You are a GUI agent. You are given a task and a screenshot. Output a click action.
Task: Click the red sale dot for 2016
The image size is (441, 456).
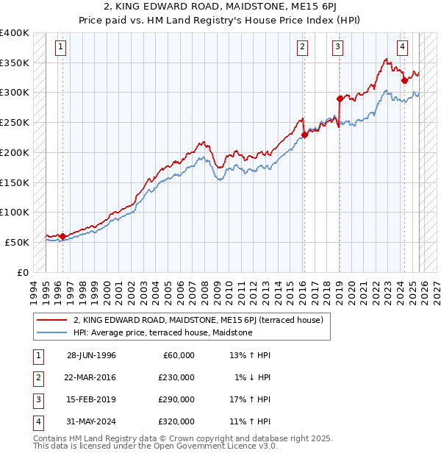click(304, 135)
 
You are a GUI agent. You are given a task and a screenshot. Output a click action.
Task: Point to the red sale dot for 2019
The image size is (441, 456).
click(340, 99)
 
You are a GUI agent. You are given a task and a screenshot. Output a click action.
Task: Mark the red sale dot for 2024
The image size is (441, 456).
click(404, 80)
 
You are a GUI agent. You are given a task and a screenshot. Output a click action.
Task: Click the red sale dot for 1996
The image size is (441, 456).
click(62, 236)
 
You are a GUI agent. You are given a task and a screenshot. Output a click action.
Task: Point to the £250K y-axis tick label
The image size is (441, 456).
click(15, 123)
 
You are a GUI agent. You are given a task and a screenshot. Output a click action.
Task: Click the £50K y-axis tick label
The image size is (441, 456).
click(17, 242)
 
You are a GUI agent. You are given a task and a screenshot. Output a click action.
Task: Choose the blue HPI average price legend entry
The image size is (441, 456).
click(162, 333)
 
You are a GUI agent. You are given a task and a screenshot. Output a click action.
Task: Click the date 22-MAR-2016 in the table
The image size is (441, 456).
click(91, 377)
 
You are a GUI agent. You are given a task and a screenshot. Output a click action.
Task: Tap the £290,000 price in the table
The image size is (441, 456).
click(176, 399)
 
